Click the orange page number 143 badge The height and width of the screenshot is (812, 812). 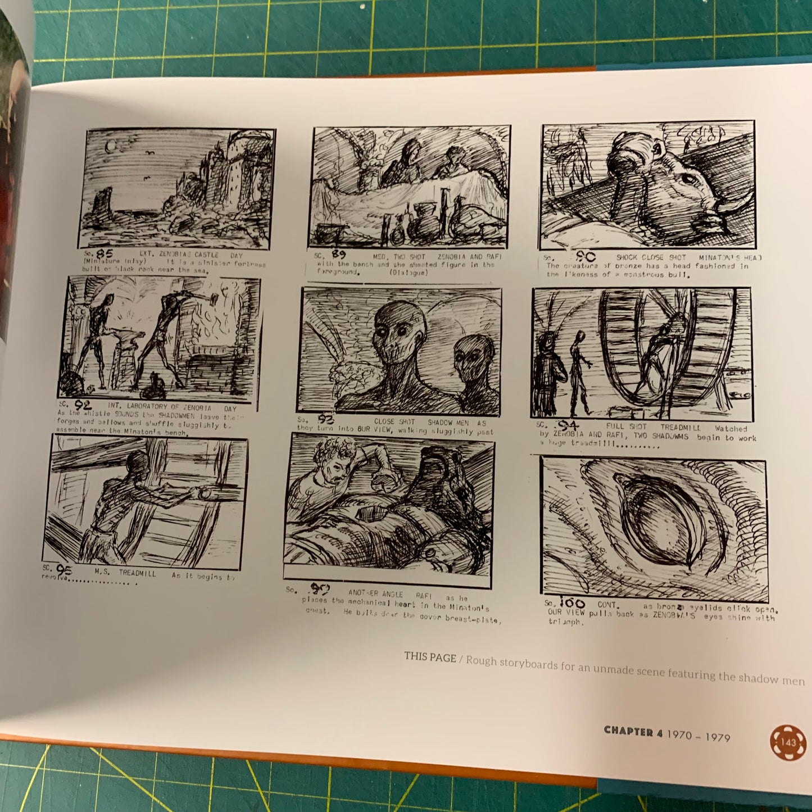click(788, 742)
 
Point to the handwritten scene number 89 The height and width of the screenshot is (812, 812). click(338, 255)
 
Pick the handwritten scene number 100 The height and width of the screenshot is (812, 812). click(571, 603)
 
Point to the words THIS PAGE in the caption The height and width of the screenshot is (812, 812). click(430, 657)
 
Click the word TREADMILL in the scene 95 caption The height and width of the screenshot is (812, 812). click(137, 574)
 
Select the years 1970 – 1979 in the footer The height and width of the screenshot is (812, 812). click(698, 736)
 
